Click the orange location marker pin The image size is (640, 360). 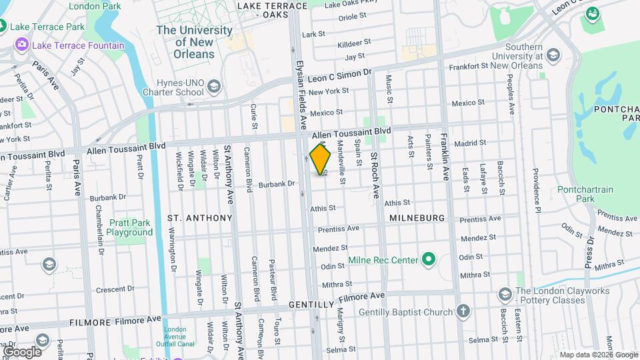(321, 159)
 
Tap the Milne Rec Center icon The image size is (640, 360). (428, 259)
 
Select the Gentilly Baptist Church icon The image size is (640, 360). (463, 311)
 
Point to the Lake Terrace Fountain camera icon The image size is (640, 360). (21, 45)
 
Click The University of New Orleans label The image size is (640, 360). (194, 41)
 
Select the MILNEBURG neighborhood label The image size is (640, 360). (417, 218)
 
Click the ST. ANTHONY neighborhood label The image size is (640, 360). (199, 218)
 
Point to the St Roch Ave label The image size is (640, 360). (375, 175)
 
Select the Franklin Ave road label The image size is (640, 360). (445, 159)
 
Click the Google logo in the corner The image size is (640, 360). (22, 351)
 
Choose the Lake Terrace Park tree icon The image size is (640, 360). (3, 27)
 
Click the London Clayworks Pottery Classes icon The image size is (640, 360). (505, 294)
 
